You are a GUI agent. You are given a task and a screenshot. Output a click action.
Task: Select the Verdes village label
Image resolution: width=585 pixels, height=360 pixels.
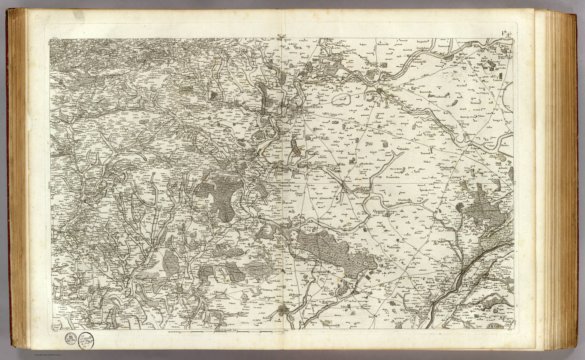[348, 182]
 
